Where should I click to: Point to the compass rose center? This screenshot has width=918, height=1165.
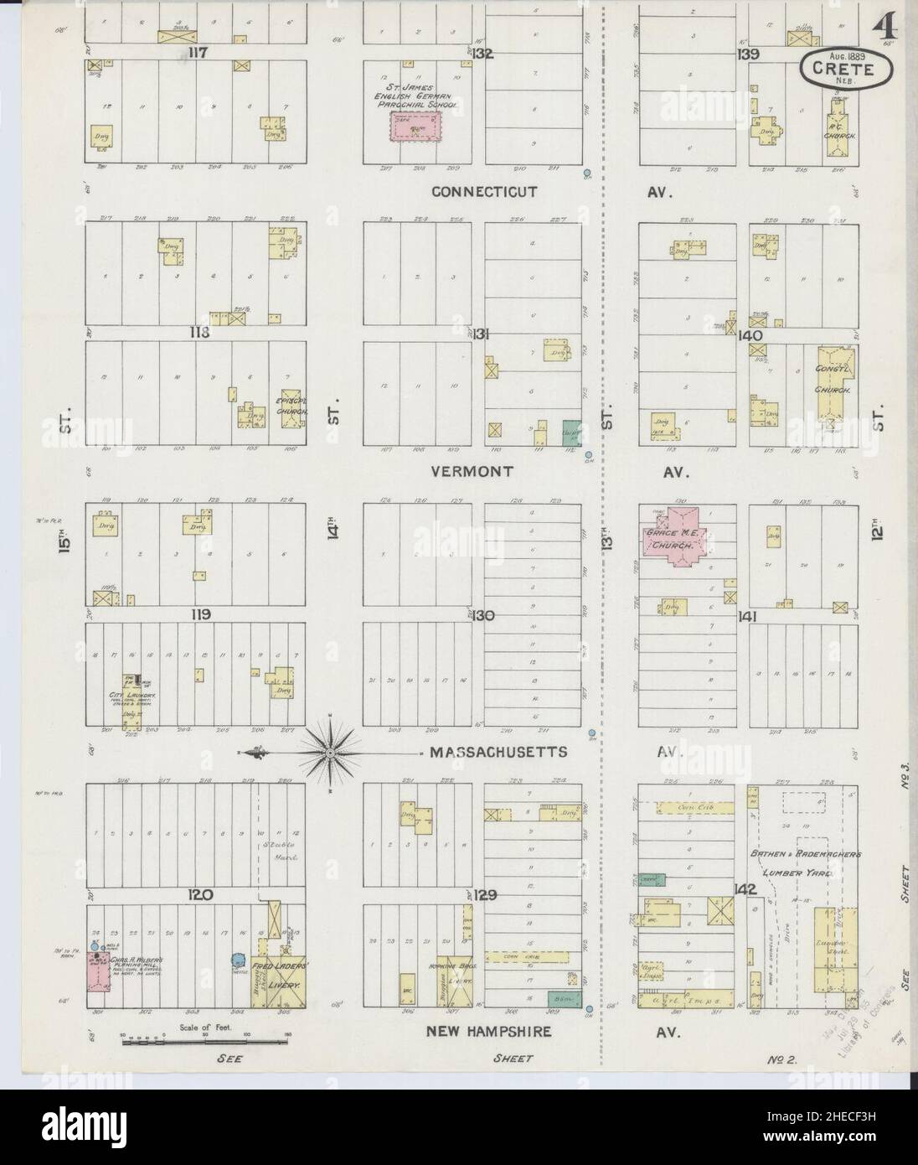point(332,753)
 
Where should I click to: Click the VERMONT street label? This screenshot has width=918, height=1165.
point(471,471)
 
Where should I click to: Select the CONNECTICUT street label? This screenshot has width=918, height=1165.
point(484,192)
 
